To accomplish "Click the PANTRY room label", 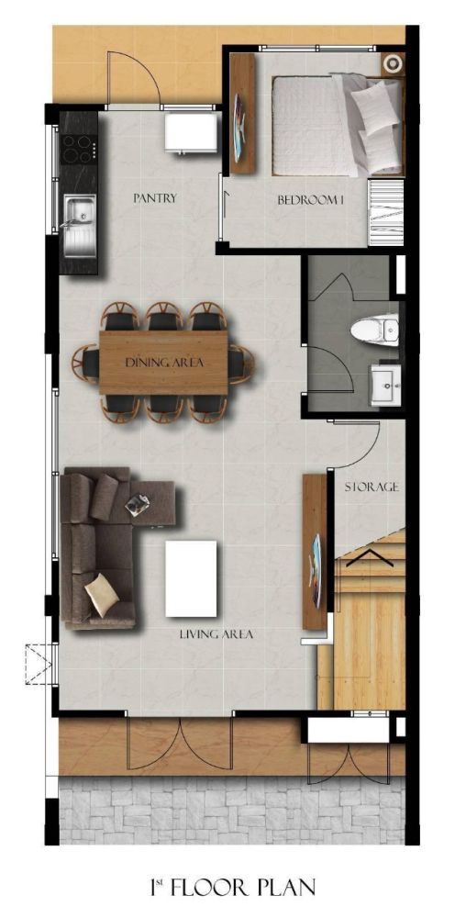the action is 155,198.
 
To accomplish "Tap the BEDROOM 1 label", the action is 310,200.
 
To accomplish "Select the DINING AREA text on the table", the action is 165,363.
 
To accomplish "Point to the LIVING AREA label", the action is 216,633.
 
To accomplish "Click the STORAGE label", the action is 372,487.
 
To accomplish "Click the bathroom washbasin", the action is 385,385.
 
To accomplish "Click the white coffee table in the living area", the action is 191,578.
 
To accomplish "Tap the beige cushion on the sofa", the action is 101,594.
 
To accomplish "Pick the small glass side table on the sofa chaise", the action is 137,505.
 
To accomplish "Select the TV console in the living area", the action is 315,552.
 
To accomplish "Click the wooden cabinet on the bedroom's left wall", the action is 243,114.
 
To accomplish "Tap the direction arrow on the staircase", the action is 370,558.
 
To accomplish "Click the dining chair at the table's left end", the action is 86,363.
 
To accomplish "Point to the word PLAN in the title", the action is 284,887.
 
